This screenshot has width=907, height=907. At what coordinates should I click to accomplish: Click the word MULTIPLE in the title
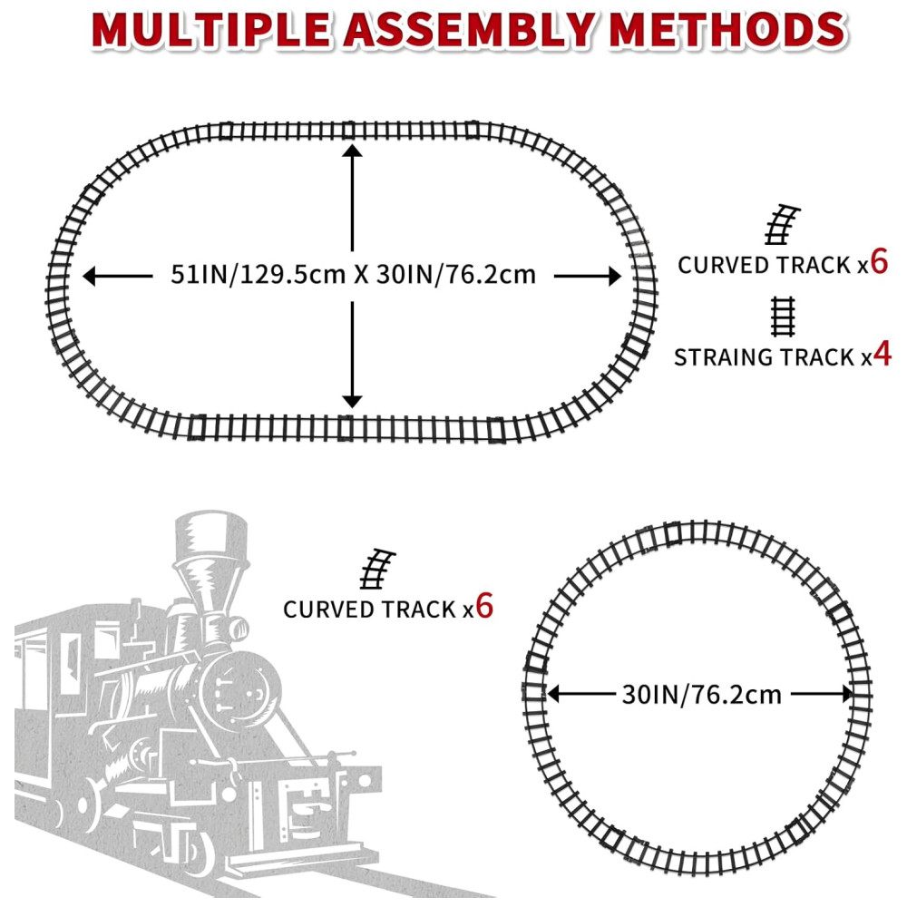tap(210, 30)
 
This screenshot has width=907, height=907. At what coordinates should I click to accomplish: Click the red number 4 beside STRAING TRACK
tap(883, 354)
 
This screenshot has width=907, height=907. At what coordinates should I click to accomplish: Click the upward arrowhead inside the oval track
tap(352, 151)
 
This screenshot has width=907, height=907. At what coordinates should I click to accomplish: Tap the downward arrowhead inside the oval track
tap(352, 402)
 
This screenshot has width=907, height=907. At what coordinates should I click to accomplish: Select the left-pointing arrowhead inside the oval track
tap(89, 276)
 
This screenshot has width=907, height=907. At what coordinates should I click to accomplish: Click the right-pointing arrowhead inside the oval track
tap(615, 276)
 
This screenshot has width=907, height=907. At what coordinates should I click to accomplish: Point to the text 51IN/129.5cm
tap(258, 274)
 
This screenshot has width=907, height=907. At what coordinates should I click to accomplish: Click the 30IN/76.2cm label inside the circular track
tap(702, 694)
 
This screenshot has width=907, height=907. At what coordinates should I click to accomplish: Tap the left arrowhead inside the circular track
tap(553, 694)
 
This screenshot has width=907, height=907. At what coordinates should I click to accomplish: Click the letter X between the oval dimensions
tap(362, 275)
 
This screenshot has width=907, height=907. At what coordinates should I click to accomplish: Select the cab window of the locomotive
tap(70, 661)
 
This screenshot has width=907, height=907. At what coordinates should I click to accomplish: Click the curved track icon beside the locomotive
tap(377, 569)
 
